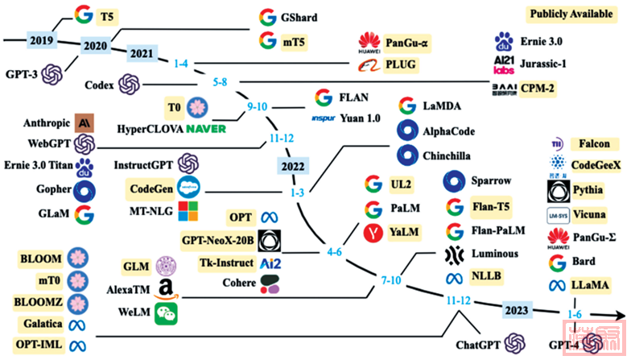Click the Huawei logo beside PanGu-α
point(369,41)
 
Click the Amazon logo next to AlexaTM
point(167,289)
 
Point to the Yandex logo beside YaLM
point(373,234)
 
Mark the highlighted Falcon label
point(584,144)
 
